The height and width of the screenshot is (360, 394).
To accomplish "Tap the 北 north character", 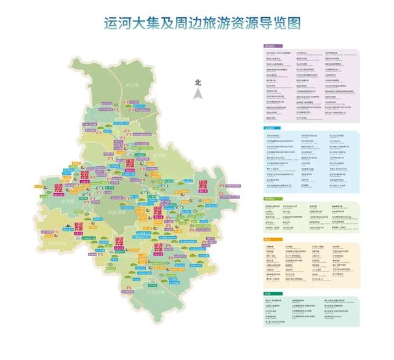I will click(198, 82).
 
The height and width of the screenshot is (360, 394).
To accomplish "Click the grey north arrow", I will click(198, 94).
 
